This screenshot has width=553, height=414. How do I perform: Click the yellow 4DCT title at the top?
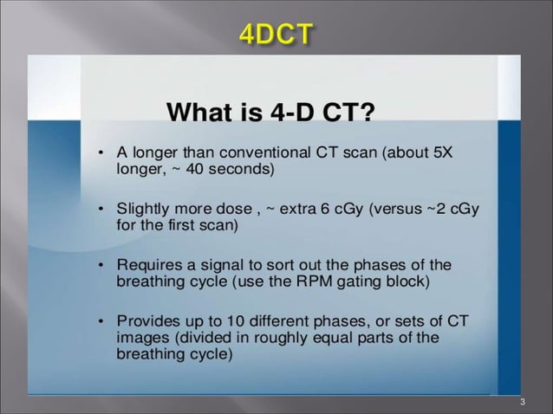click(276, 36)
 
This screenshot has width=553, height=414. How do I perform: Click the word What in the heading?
click(198, 113)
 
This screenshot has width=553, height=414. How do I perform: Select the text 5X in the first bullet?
click(442, 152)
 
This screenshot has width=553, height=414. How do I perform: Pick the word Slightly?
click(143, 209)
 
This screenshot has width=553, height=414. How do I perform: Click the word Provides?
click(147, 321)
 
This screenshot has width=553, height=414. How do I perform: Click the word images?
click(140, 338)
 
